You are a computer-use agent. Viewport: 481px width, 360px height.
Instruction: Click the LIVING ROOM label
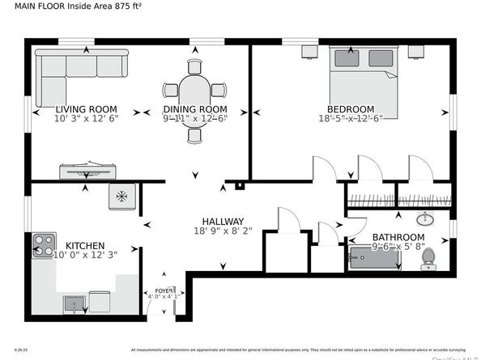coord(86,109)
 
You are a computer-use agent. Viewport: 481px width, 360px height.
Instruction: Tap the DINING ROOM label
coord(194,109)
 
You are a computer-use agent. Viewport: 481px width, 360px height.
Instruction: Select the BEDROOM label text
coord(350,109)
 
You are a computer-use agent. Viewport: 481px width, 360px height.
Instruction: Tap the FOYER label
coord(164,287)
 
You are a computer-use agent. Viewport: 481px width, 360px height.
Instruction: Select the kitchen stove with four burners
coord(44,247)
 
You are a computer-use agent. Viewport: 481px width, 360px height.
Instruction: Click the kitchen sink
coord(74,303)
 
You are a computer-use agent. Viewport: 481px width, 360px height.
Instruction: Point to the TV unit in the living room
coord(86,172)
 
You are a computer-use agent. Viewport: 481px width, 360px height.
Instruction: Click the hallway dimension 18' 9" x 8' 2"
coord(223,231)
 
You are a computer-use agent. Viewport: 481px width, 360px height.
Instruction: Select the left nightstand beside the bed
coord(309,52)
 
